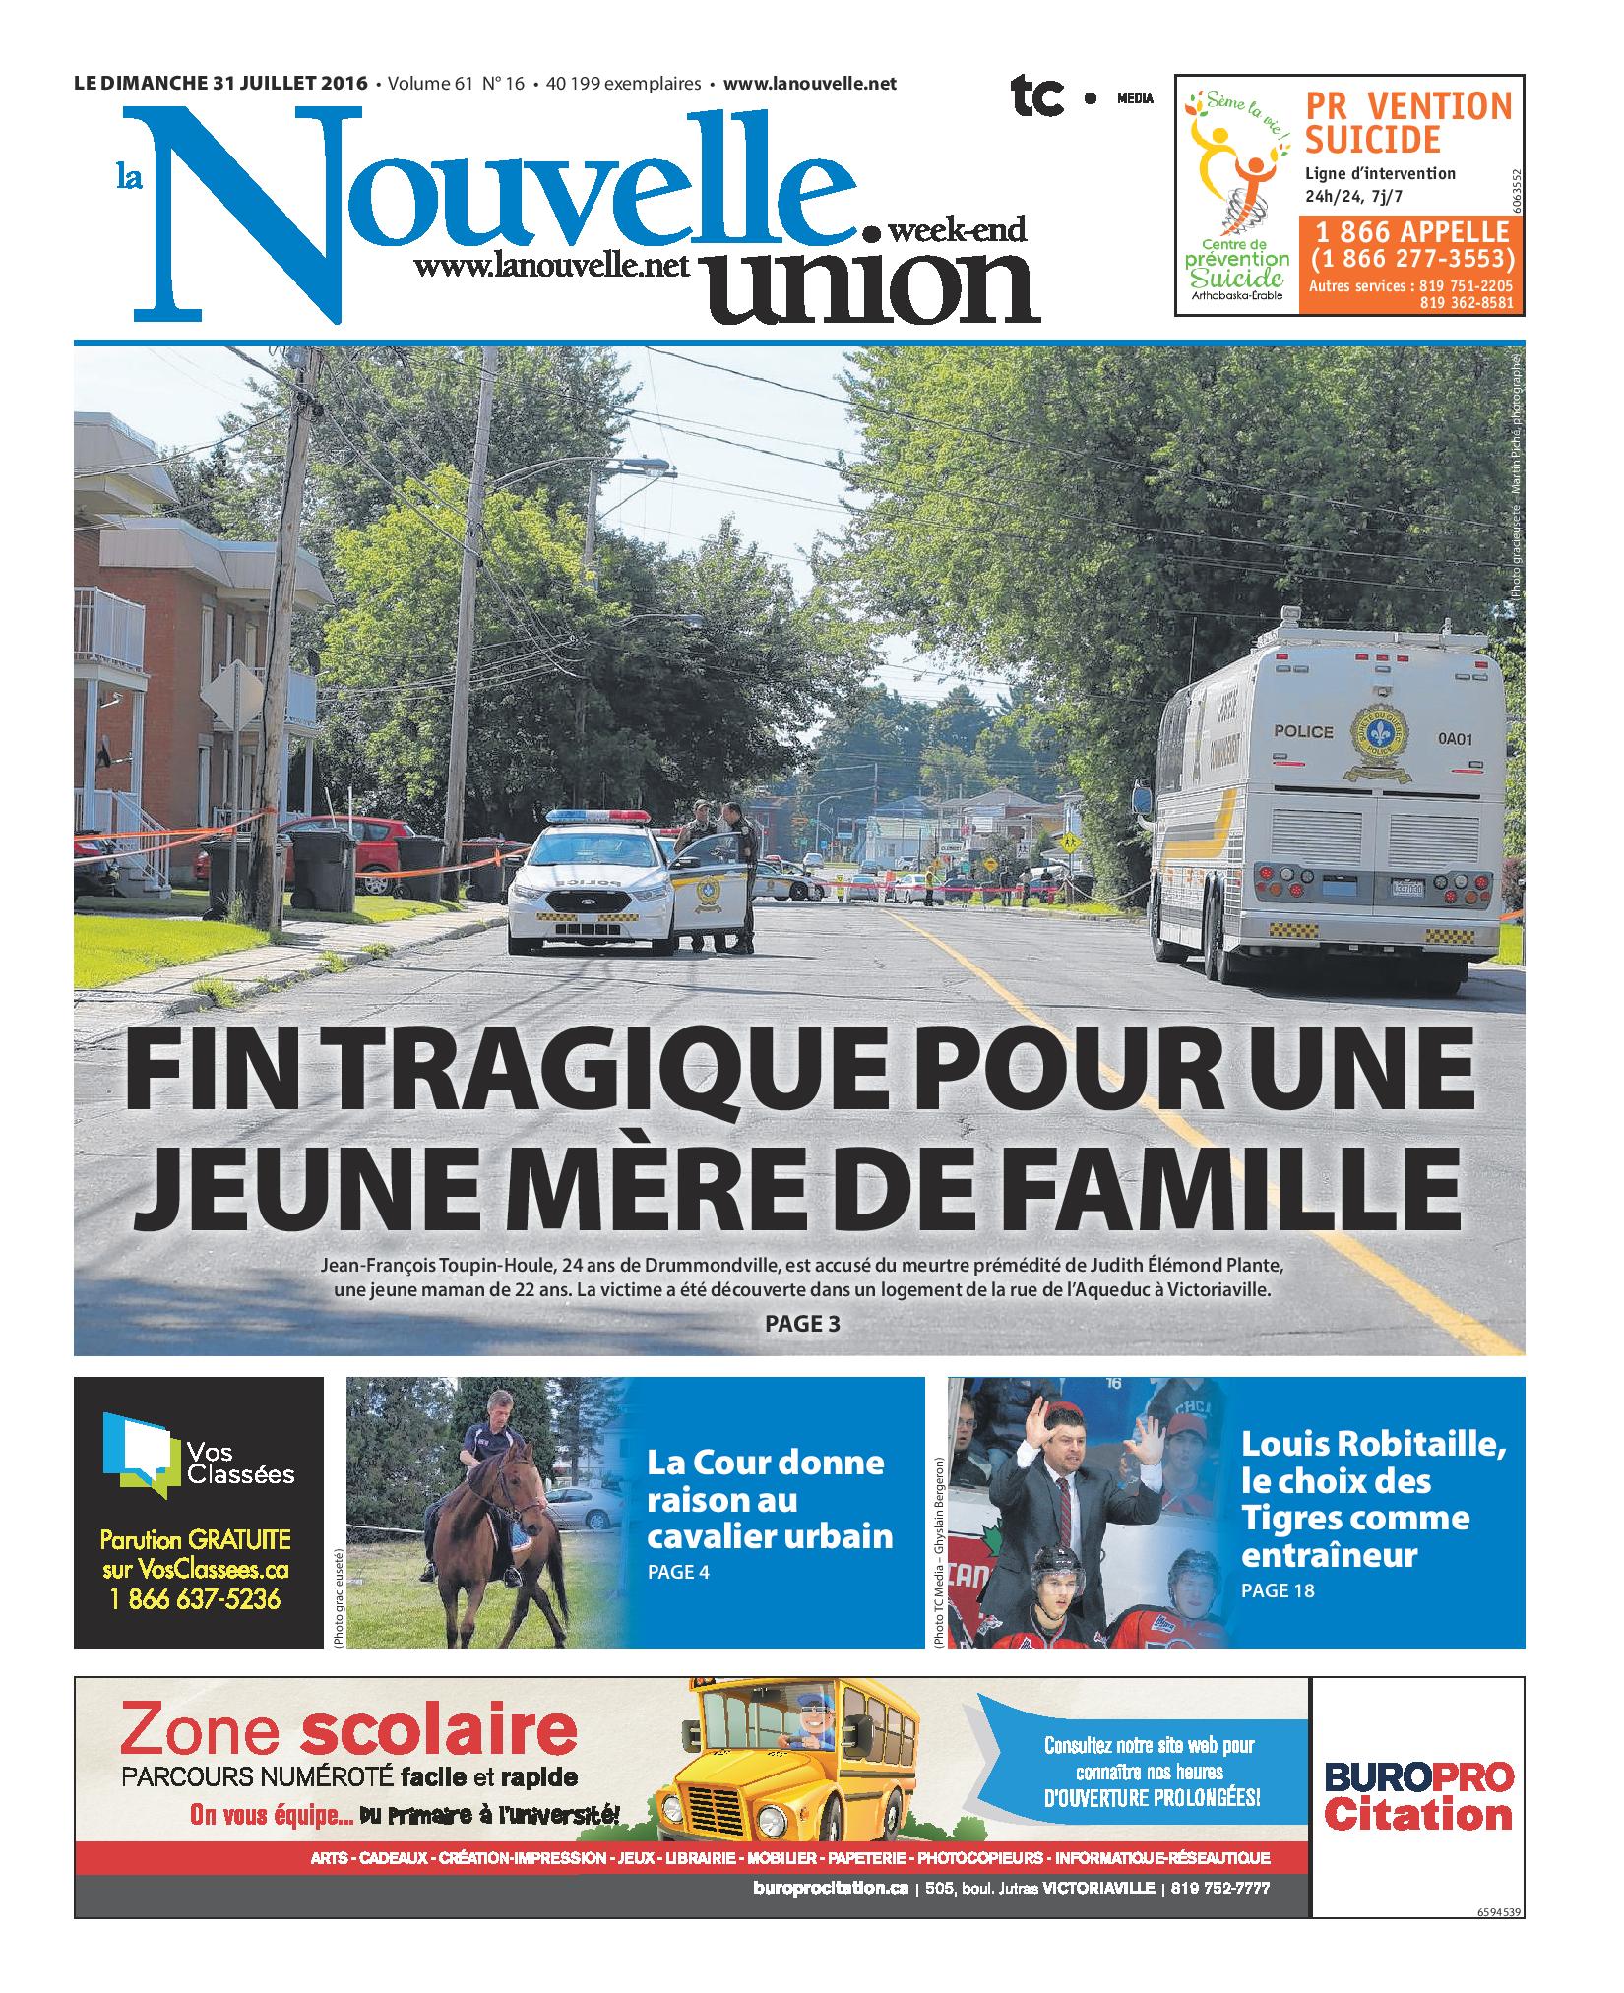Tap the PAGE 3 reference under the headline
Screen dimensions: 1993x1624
(x=802, y=1324)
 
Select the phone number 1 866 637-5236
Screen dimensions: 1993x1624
(x=198, y=1600)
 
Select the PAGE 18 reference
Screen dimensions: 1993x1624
(x=1278, y=1589)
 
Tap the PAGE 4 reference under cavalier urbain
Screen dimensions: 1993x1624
(x=678, y=1572)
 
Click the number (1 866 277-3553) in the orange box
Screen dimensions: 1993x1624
(x=1409, y=259)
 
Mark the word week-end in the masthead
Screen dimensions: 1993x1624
(x=957, y=232)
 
